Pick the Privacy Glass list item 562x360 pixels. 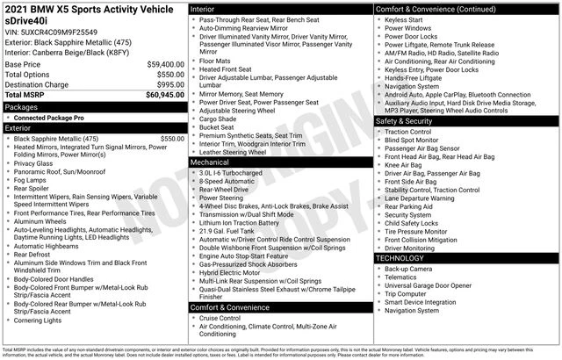39,162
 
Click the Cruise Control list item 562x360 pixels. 227,318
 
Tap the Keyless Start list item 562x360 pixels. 406,18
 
